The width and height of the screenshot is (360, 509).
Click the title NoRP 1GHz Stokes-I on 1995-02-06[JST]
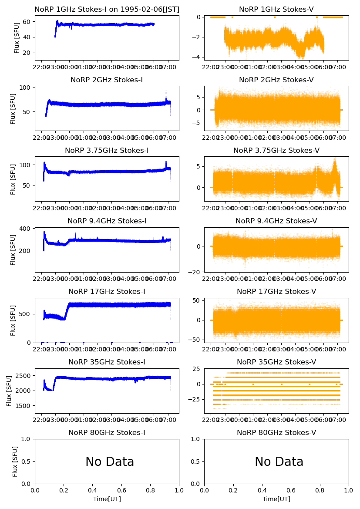point(107,10)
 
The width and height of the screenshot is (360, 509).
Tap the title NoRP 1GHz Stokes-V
point(276,10)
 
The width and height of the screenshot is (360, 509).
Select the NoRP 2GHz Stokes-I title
point(107,80)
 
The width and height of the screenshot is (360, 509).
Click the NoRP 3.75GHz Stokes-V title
point(276,151)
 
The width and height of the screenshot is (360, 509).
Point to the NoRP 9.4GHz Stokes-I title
point(107,221)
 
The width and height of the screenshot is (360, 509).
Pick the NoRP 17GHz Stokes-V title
point(276,292)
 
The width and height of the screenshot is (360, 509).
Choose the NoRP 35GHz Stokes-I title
point(107,362)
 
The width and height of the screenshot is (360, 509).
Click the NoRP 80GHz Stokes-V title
point(276,433)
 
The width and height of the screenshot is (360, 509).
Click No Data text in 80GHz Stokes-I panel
point(110,462)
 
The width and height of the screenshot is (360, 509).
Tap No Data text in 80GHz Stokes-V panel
point(279,462)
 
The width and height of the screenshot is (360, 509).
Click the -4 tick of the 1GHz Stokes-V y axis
point(197,57)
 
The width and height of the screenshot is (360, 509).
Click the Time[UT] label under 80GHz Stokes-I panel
point(107,499)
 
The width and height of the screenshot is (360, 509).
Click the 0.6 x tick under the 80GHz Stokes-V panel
point(291,490)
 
